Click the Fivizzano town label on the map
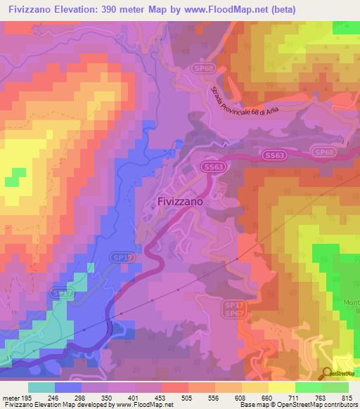click(179, 201)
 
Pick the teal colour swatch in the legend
click(41, 387)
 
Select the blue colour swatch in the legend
click(68, 387)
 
